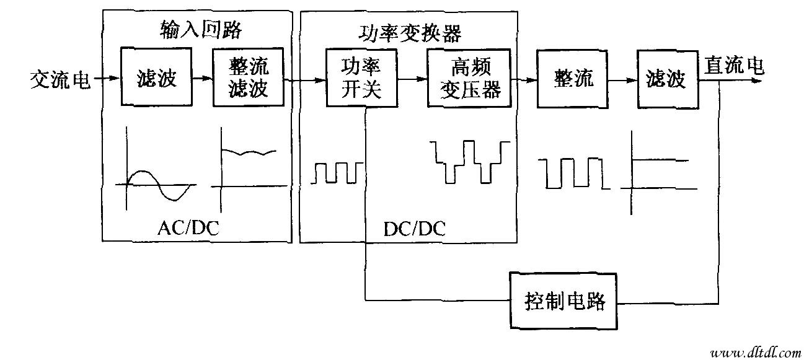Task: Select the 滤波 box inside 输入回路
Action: pyautogui.click(x=156, y=79)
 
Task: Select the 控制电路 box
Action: pyautogui.click(x=563, y=302)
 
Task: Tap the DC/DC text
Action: pyautogui.click(x=414, y=229)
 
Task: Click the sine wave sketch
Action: pyautogui.click(x=155, y=184)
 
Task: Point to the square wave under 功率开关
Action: pyautogui.click(x=335, y=173)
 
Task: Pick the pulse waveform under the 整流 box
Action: pyautogui.click(x=573, y=173)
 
